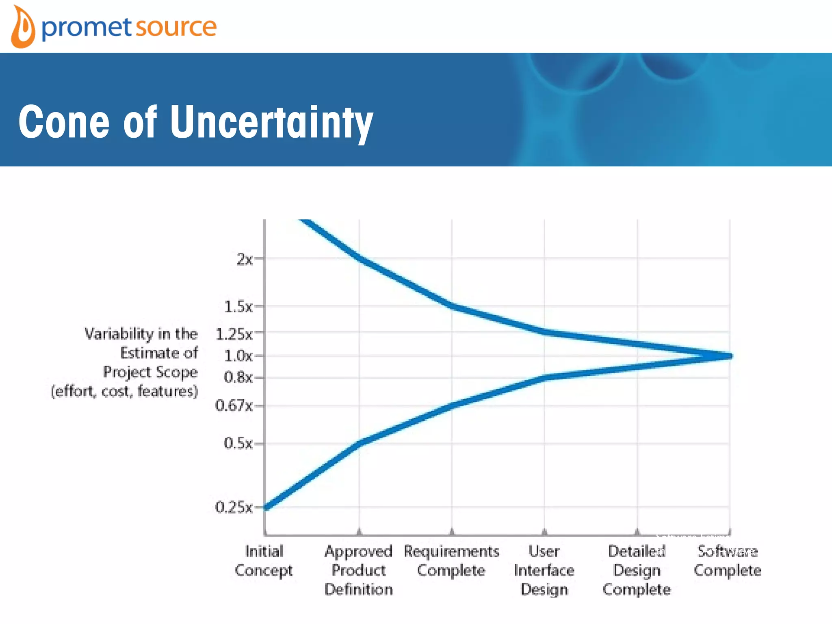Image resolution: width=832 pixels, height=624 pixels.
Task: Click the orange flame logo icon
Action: point(23,28)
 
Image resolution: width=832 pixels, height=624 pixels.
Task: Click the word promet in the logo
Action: point(87,28)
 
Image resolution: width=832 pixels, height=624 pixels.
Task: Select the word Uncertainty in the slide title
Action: point(271,122)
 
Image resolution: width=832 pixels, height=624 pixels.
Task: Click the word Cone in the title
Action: point(64,122)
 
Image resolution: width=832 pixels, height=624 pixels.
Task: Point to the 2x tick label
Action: point(245,259)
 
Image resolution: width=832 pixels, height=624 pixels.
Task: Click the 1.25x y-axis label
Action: point(234,334)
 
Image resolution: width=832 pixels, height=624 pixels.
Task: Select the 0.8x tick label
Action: point(238,377)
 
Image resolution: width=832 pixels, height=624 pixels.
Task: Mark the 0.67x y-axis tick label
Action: point(234,405)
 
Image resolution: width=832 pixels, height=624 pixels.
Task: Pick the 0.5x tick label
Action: point(238,443)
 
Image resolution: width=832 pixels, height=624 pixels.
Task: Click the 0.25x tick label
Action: point(234,507)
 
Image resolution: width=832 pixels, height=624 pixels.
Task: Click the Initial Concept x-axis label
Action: point(264,561)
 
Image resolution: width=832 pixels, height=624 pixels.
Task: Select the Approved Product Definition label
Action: point(359,570)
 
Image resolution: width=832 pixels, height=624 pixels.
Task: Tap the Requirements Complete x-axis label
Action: point(451,561)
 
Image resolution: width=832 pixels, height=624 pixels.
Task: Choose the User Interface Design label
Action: point(544,570)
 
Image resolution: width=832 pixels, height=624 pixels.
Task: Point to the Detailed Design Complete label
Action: point(637,570)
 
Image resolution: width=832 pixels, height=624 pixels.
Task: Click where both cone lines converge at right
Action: point(729,356)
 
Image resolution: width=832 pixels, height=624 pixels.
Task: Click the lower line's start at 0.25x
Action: point(267,507)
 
